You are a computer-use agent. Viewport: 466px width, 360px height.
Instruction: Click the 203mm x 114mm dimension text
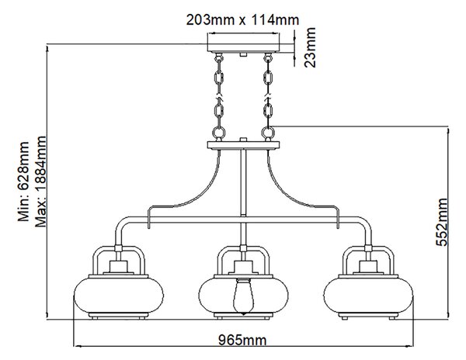[242, 20]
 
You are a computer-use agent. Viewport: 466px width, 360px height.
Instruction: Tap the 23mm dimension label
[310, 47]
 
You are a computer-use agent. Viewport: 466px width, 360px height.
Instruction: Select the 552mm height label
[442, 222]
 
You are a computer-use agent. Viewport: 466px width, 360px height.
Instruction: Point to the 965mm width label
[242, 340]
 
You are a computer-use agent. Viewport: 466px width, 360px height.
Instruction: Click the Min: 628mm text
[23, 182]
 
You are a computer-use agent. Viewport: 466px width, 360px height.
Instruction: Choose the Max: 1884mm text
[40, 182]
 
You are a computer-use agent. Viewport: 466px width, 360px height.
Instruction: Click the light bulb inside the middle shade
[243, 296]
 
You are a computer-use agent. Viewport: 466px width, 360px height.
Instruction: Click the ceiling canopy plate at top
[243, 43]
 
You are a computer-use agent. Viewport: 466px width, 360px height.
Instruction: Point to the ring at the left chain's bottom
[218, 131]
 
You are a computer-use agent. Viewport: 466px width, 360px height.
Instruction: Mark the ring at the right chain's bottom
[268, 131]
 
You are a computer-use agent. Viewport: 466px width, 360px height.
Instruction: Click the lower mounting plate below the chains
[243, 145]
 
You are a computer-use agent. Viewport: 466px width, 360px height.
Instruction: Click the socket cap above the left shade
[119, 267]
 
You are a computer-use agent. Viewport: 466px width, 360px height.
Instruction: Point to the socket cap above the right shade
[368, 267]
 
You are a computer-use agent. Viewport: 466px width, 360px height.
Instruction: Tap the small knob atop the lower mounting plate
[243, 140]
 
